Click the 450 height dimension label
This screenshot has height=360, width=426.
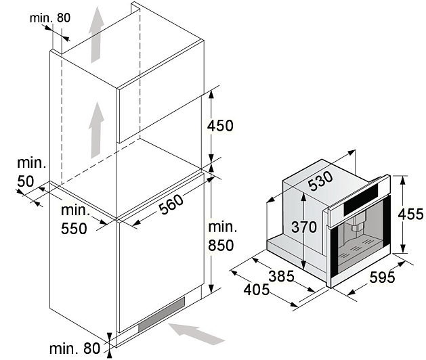[220, 126]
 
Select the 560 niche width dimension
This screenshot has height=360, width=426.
[171, 205]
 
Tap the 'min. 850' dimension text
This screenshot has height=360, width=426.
[221, 236]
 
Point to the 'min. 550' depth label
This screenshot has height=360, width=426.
[75, 219]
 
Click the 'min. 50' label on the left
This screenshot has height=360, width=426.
[31, 172]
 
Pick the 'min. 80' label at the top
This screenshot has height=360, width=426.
[49, 18]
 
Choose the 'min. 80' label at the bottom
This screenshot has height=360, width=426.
[75, 348]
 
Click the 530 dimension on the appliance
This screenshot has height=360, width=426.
[320, 181]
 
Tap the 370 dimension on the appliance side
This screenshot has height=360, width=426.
[304, 227]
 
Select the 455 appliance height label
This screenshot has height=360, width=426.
[410, 214]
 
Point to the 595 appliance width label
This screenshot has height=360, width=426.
[382, 277]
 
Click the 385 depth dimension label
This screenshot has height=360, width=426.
[281, 276]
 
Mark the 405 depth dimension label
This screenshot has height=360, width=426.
[257, 290]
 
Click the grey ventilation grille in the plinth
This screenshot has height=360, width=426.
[161, 315]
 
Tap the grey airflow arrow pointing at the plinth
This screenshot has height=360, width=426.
[196, 334]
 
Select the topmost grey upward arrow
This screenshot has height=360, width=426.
[96, 35]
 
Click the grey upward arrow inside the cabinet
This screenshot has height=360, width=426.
[96, 130]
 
